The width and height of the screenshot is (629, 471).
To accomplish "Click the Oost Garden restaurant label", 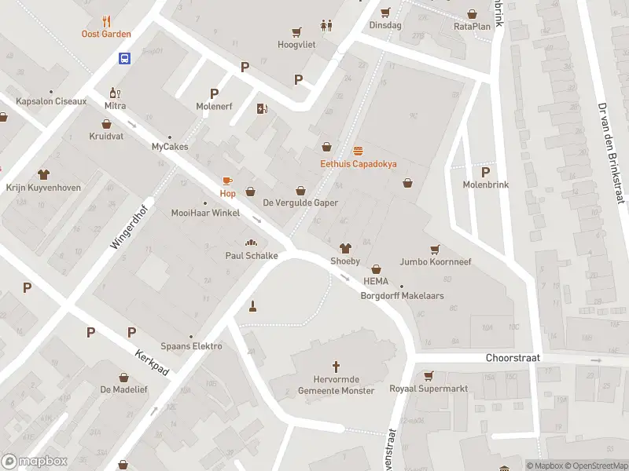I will pos(106,34).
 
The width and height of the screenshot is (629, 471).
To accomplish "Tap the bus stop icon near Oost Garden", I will pos(124,58).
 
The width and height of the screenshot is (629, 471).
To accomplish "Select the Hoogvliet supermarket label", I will pos(296,45).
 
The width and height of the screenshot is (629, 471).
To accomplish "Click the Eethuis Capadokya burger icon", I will pos(359,150).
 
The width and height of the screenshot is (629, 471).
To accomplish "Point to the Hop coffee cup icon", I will pos(227,181).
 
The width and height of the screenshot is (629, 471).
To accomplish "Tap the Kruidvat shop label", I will pos(107,136).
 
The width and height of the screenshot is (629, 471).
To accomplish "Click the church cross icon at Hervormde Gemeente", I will pos(337,366).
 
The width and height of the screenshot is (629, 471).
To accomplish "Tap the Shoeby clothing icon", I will pos(344,249).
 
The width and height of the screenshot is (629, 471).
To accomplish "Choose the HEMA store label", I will pos(376,281).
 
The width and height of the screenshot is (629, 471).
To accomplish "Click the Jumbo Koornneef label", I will pos(435,261).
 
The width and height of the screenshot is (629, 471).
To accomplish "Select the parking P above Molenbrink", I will pos(485,172).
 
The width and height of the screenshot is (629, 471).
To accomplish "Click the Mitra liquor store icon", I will pos(113,92).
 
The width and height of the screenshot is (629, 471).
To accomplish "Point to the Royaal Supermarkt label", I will pos(429,389).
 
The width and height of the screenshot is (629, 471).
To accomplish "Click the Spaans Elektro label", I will pos(191,346).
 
